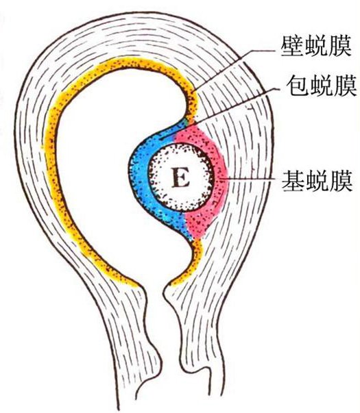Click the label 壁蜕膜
pos(316,47)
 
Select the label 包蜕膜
pos(321,86)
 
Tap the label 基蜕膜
pos(317,181)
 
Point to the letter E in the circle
pos(180,177)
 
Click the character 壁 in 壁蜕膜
pos(292,47)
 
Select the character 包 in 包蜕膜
pos(298,86)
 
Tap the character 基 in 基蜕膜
pos(293,181)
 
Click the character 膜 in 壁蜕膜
pos(340,47)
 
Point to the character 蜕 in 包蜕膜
pos(321,86)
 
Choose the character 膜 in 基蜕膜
pos(341,181)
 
